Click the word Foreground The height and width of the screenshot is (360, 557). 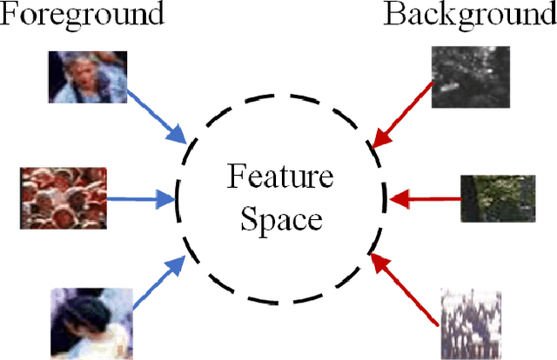coord(83,15)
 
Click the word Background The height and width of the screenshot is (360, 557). coord(470,15)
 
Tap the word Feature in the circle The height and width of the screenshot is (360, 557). coord(280,177)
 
